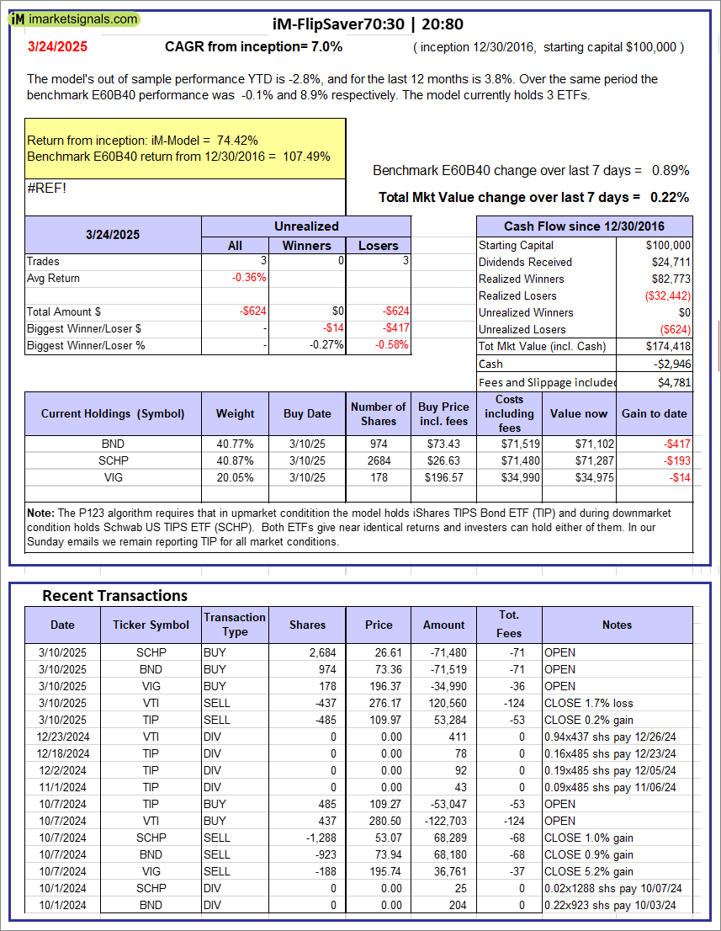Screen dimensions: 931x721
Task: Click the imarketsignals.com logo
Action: point(74,19)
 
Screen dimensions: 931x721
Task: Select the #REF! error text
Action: point(46,188)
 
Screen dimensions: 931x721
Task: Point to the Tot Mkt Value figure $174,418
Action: point(668,346)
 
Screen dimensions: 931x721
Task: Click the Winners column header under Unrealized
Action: point(306,245)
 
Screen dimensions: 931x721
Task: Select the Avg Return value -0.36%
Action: point(251,278)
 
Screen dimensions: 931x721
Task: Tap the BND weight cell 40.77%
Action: point(235,444)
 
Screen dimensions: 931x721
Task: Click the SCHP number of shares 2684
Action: point(378,460)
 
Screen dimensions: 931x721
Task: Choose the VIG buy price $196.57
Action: point(443,477)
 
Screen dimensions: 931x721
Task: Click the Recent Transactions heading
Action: point(114,596)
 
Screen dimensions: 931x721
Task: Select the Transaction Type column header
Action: point(235,625)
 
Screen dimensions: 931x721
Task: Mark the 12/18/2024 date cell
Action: point(62,753)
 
